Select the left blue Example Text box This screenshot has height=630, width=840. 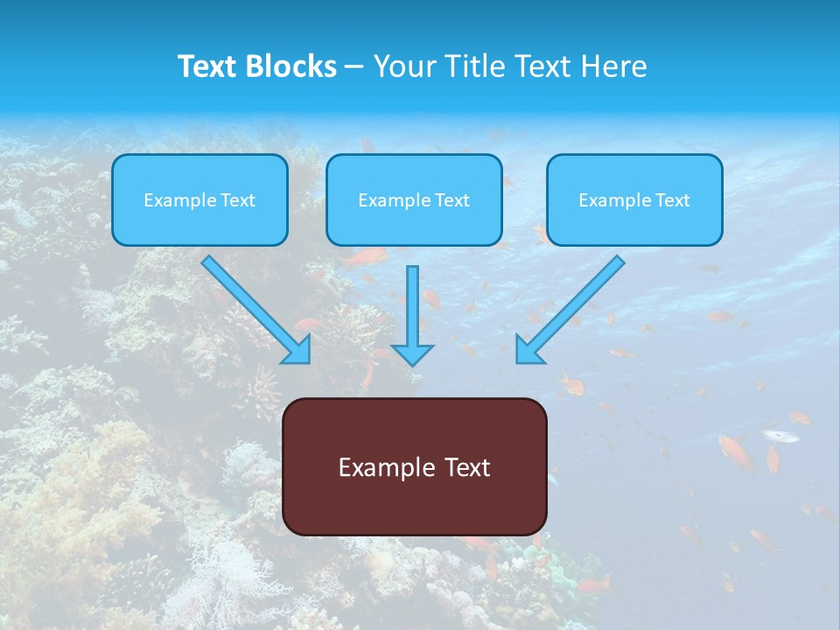coord(199,199)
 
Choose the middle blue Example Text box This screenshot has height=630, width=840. coord(414,199)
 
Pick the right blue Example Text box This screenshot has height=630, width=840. coord(634,199)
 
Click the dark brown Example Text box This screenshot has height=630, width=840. coord(414,466)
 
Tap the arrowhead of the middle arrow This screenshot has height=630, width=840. coord(412,353)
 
